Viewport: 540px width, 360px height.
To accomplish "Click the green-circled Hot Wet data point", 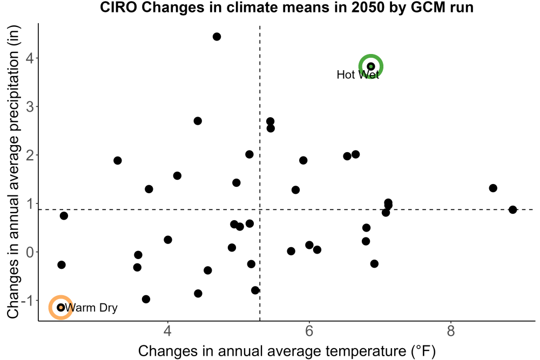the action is click(371, 66).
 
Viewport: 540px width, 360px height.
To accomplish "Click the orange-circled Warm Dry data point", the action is click(61, 307).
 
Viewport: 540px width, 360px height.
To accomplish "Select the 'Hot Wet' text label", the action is click(358, 74).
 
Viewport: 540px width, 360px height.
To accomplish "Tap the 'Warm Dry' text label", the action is click(91, 307).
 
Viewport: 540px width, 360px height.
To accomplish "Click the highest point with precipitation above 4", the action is click(217, 37).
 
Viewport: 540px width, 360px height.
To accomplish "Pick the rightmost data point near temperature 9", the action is click(513, 209).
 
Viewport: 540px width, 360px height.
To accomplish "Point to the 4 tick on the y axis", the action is click(30, 58).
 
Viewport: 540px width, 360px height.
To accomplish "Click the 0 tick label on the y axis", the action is click(30, 252).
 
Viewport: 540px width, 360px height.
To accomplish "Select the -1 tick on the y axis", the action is click(28, 301).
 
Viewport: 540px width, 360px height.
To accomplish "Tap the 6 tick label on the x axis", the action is click(309, 331).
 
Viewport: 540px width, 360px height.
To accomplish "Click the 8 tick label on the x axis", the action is click(451, 331).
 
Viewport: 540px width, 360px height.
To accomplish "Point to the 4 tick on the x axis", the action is click(168, 331).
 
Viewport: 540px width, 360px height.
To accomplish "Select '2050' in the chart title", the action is click(368, 7).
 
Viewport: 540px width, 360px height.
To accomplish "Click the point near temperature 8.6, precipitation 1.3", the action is click(493, 188).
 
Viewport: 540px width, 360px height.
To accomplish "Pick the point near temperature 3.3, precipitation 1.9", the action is click(117, 160).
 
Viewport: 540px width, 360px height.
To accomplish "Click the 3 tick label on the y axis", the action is click(30, 107).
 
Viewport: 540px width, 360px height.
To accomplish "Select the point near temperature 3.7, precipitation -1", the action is click(146, 299).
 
